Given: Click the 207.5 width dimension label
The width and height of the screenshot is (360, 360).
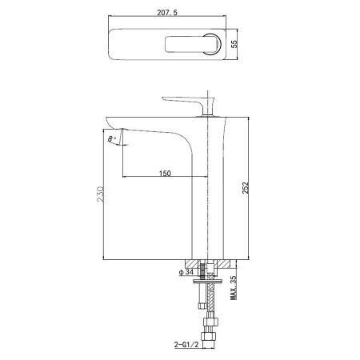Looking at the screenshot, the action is click(167, 13).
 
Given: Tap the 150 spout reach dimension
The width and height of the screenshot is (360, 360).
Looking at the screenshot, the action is click(165, 174).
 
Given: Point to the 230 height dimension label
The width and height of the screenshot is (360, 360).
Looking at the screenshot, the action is click(100, 194).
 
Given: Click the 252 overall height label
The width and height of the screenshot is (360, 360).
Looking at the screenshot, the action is click(246, 188).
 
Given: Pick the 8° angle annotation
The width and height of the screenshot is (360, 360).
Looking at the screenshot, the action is click(112, 138).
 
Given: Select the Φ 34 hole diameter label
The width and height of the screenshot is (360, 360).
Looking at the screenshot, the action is click(186, 272).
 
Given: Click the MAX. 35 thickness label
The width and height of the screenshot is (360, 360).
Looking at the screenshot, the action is click(234, 288).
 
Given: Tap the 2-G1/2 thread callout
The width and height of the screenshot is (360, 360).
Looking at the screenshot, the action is click(186, 345).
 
